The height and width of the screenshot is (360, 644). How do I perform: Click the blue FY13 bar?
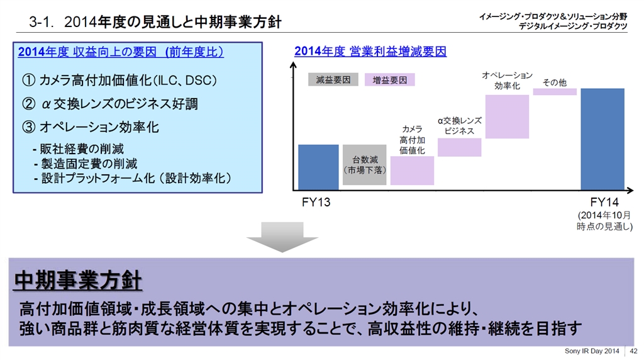pyautogui.click(x=318, y=167)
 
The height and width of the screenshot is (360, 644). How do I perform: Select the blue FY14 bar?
pyautogui.click(x=602, y=138)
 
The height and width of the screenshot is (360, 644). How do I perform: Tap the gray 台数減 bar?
pyautogui.click(x=365, y=165)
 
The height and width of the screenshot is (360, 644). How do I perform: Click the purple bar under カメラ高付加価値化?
pyautogui.click(x=412, y=171)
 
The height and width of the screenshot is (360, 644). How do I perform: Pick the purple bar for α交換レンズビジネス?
pyautogui.click(x=459, y=147)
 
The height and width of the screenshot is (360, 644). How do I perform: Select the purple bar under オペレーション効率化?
pyautogui.click(x=507, y=116)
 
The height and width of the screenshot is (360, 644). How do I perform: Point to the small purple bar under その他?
pyautogui.click(x=555, y=92)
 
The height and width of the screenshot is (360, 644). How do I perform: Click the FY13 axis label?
pyautogui.click(x=317, y=203)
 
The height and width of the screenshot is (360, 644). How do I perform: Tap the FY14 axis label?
pyautogui.click(x=605, y=203)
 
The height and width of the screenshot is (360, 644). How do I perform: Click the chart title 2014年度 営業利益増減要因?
pyautogui.click(x=370, y=52)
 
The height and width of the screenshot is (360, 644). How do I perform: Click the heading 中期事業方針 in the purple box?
pyautogui.click(x=78, y=280)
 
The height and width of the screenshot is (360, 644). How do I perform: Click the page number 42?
pyautogui.click(x=633, y=351)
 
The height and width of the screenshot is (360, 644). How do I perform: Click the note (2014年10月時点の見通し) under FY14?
pyautogui.click(x=604, y=221)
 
